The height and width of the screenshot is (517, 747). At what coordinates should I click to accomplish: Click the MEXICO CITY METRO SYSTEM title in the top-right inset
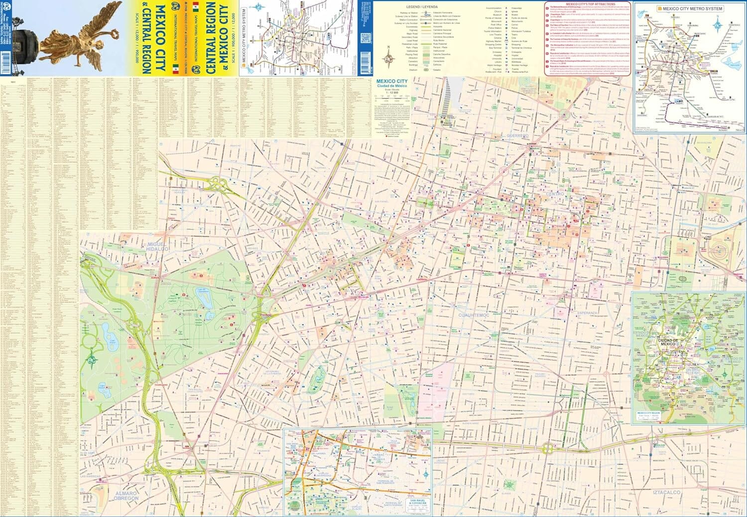pos(692,8)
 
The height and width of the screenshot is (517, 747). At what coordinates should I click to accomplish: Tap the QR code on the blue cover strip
pos(366,37)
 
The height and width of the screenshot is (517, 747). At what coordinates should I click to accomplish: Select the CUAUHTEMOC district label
pos(473,315)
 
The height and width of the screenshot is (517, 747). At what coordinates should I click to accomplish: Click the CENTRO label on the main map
pos(555,194)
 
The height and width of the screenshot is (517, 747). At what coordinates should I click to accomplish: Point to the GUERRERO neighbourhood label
pos(517,135)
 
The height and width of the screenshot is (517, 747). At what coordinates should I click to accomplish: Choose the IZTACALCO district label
pos(666,492)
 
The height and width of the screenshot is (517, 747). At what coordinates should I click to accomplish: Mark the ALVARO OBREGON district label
pos(126,496)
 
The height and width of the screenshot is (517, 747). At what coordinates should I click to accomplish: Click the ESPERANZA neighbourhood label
pos(587,313)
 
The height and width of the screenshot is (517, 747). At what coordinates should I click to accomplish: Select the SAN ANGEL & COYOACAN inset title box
pos(418,504)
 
